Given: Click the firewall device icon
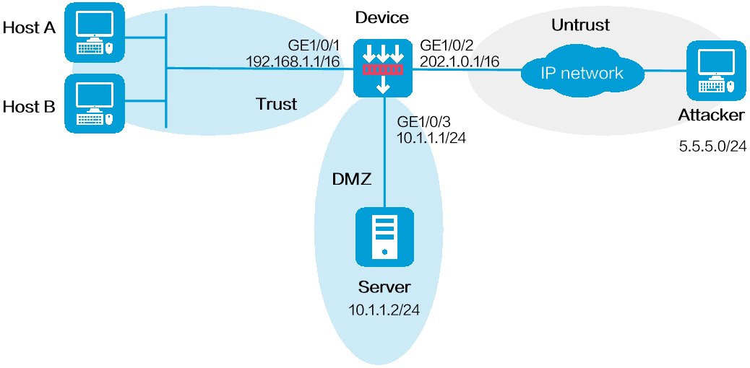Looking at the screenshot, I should tap(383, 69).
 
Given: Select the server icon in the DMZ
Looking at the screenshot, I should tap(384, 237).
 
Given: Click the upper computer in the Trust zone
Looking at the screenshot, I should tap(95, 32).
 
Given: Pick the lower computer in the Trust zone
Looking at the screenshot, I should tap(95, 103).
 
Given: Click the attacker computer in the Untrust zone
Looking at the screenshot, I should tap(715, 71).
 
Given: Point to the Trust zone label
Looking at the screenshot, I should tap(276, 104).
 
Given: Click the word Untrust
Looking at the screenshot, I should tap(580, 25).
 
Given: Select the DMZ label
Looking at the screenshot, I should tap(351, 180).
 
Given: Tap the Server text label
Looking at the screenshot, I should tap(384, 287).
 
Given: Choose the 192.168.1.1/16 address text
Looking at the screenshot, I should tap(293, 61).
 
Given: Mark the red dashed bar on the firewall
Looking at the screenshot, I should tap(383, 70).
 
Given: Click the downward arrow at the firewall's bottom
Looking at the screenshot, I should tap(383, 85).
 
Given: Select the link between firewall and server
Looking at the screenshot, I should tap(384, 152).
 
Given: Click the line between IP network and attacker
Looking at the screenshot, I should tap(665, 71).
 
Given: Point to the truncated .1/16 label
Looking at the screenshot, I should tap(484, 62).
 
